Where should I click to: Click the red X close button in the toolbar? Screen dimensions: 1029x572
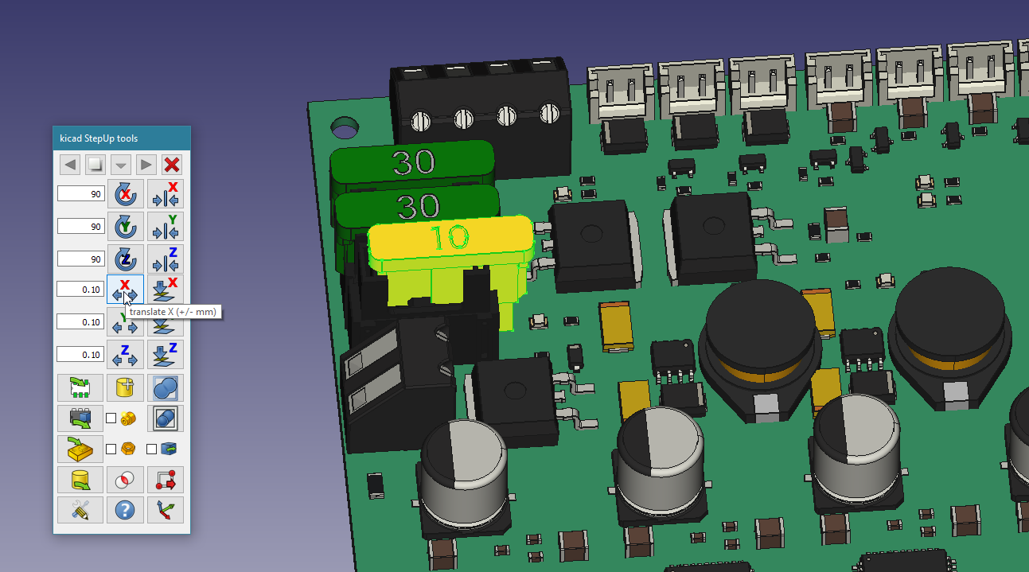pyautogui.click(x=172, y=165)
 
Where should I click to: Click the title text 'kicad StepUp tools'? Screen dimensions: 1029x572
pyautogui.click(x=99, y=138)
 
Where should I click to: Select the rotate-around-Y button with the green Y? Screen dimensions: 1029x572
pyautogui.click(x=126, y=226)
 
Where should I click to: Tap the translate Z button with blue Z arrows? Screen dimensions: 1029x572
pyautogui.click(x=126, y=354)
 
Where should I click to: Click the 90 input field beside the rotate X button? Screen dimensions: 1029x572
pyautogui.click(x=81, y=194)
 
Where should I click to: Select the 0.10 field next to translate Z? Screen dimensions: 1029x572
pyautogui.click(x=80, y=354)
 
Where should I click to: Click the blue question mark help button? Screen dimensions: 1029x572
pyautogui.click(x=125, y=510)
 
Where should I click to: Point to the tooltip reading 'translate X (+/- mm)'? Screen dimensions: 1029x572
pyautogui.click(x=173, y=312)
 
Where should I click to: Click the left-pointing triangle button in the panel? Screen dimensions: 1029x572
pyautogui.click(x=70, y=165)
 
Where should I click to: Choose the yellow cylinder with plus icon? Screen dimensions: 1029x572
pyautogui.click(x=125, y=387)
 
